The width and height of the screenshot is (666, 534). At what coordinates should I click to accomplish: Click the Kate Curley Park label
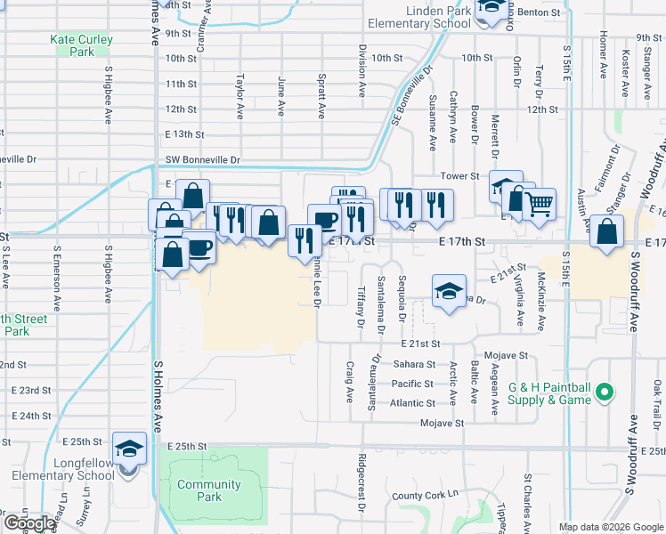tap(81, 45)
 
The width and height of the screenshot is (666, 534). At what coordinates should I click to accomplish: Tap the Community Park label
tap(209, 490)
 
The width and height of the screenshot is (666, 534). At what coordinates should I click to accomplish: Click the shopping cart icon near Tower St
tap(539, 205)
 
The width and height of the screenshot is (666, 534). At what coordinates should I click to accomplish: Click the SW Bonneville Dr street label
tap(203, 160)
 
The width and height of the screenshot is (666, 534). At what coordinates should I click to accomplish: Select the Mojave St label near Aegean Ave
tap(511, 355)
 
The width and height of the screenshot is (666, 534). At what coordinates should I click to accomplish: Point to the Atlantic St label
tap(412, 403)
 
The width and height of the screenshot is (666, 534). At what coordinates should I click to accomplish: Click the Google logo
tap(29, 523)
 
